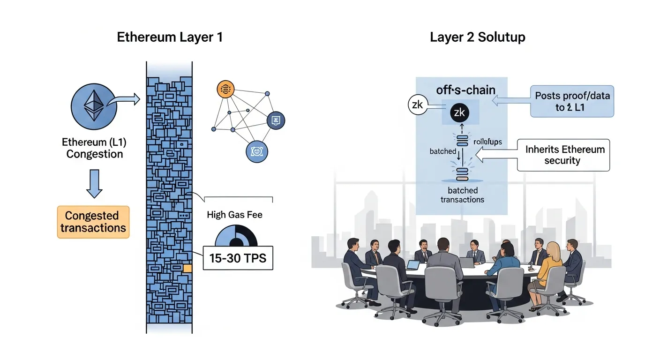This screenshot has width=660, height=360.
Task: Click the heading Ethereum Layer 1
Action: [170, 37]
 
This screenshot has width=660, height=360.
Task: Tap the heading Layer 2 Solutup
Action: [477, 37]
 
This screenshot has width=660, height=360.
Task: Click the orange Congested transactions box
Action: [93, 222]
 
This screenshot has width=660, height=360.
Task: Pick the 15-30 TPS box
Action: [238, 258]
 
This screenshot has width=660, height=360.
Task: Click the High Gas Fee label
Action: [234, 215]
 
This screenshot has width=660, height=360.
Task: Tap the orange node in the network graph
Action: [225, 89]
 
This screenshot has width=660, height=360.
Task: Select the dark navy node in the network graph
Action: [276, 120]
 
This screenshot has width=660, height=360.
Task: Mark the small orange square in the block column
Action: [187, 268]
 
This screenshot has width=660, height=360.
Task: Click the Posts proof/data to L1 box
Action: [571, 101]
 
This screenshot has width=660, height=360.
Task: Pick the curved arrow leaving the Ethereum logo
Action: [122, 100]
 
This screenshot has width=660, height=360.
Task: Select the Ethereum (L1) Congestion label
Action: [94, 148]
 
